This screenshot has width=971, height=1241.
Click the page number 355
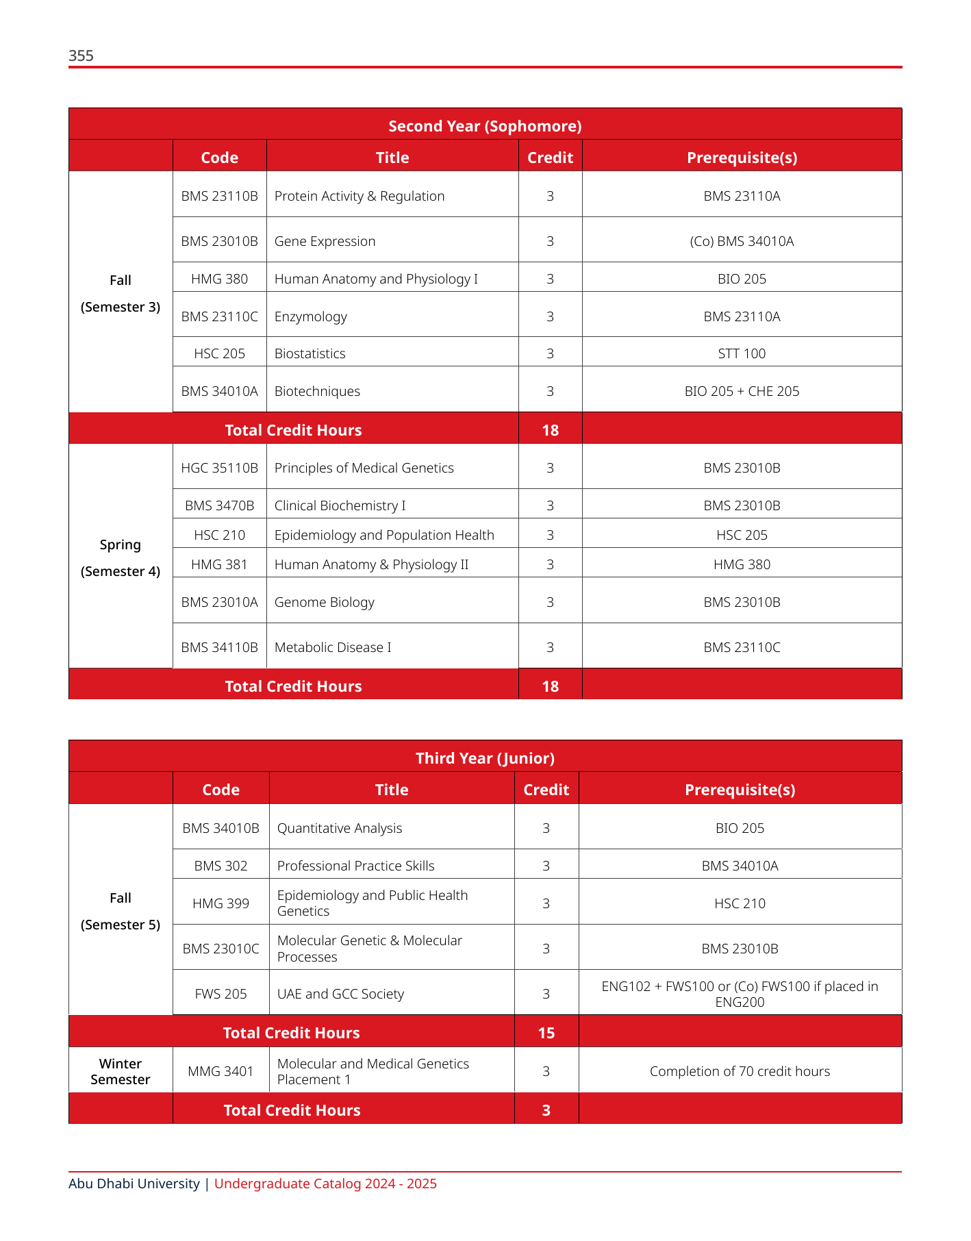pos(81,56)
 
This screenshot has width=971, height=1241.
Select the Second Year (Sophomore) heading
pos(485,126)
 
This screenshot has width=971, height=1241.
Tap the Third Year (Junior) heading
pos(485,758)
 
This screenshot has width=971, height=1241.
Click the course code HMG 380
pos(219,279)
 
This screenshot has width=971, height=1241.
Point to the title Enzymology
pos(310,316)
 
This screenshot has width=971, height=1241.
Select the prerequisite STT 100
pos(742,353)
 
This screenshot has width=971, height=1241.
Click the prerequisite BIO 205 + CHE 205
pos(742,391)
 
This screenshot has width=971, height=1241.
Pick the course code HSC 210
pos(219,535)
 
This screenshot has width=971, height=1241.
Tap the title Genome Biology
pos(324,602)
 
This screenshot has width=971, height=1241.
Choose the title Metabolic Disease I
pos(333,647)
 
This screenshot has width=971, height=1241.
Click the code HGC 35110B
pos(219,468)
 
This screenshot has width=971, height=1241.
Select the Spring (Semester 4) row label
pos(121,557)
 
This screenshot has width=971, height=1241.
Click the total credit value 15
pos(546,1033)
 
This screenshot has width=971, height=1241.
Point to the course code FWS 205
pos(220,994)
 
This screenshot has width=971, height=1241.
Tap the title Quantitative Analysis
pos(339,828)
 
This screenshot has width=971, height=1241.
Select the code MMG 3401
pos(220,1071)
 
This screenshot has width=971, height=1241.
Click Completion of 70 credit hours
pos(740,1071)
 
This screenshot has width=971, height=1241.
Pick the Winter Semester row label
pos(121,1071)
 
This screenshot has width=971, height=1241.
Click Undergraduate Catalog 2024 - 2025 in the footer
pos(325,1183)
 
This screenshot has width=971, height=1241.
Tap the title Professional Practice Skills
pos(355,866)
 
